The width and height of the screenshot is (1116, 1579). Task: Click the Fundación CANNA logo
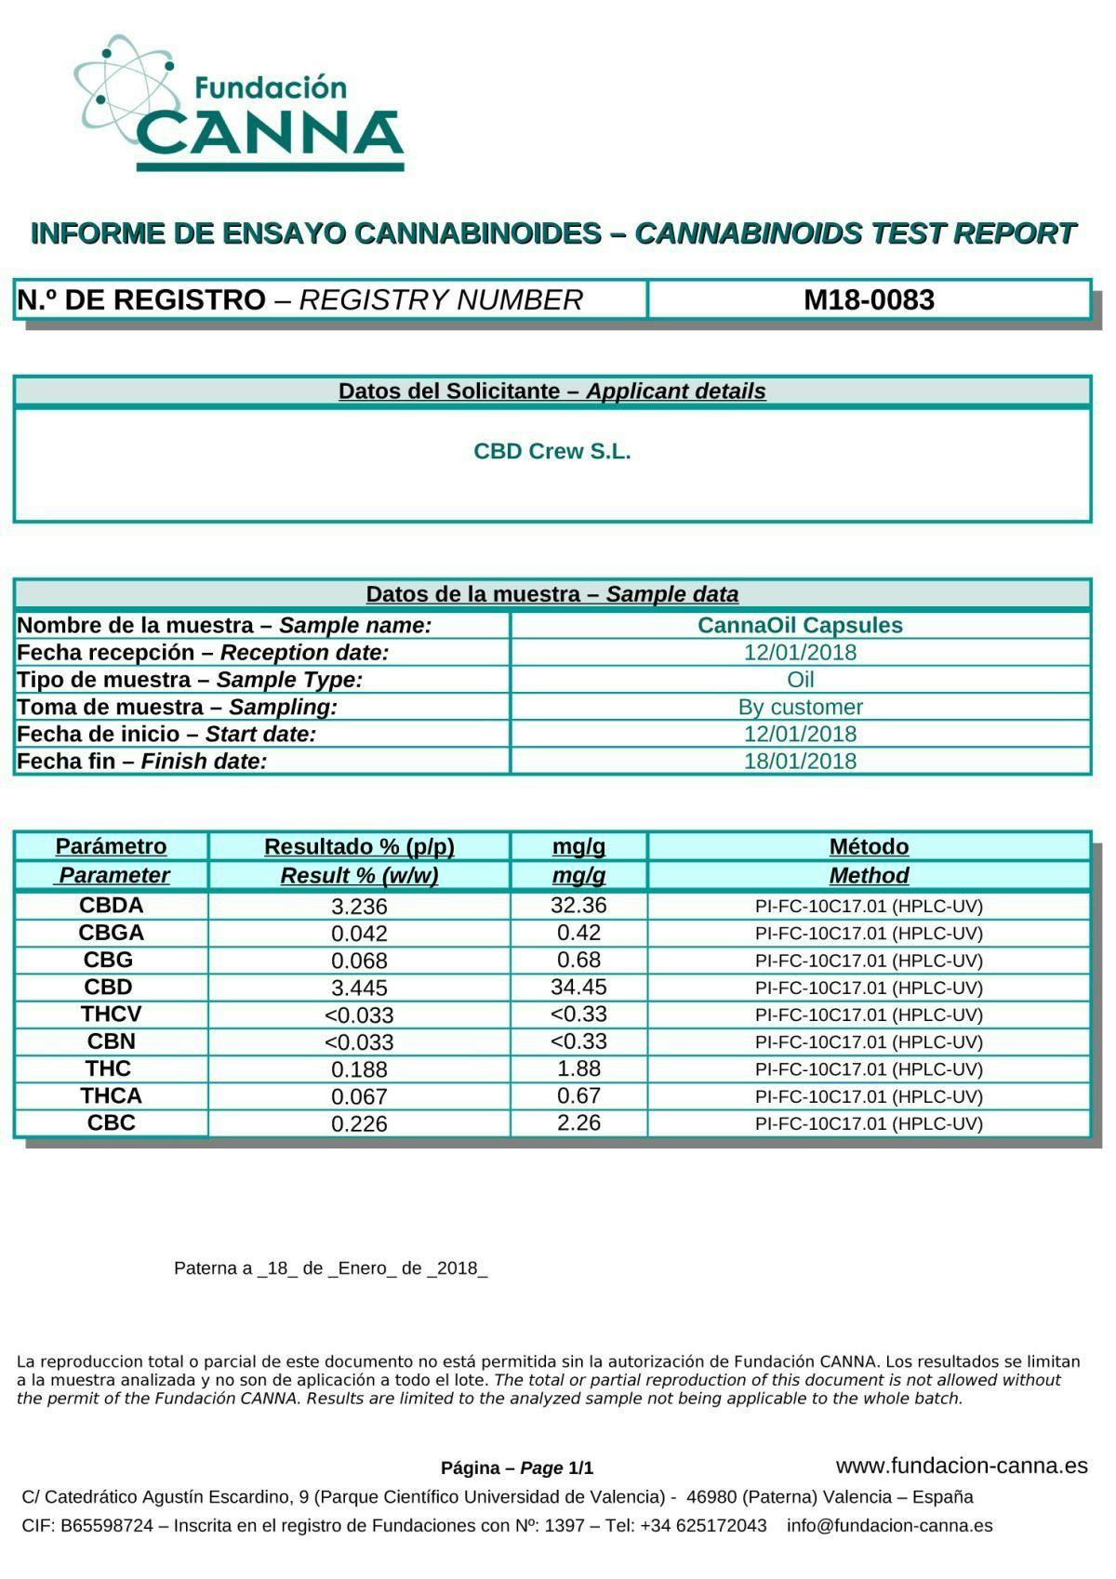tap(239, 104)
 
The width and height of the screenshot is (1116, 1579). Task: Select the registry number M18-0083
tap(869, 299)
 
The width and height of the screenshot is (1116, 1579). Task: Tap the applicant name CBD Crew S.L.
tap(551, 451)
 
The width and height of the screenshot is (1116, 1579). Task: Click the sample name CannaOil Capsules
tap(800, 625)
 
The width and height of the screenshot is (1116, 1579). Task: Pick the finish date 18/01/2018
tap(800, 761)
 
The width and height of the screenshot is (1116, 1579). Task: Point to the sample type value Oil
tap(800, 680)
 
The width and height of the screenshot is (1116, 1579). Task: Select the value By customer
tap(800, 707)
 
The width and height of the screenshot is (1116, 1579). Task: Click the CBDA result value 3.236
tap(359, 906)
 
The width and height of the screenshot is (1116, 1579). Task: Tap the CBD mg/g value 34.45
tap(578, 987)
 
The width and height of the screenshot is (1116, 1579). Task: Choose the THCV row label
tap(111, 1014)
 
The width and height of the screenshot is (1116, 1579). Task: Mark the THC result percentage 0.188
tap(359, 1069)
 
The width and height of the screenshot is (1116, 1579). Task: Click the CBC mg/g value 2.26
tap(578, 1122)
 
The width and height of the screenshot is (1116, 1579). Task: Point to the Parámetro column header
tap(111, 846)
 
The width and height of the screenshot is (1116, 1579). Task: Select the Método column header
tap(869, 846)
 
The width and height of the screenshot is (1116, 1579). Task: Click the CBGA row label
tap(111, 933)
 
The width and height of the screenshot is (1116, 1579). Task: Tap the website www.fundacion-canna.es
tap(962, 1466)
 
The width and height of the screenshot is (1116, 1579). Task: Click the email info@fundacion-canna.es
tap(889, 1525)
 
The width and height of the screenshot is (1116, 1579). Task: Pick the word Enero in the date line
tap(363, 1268)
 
